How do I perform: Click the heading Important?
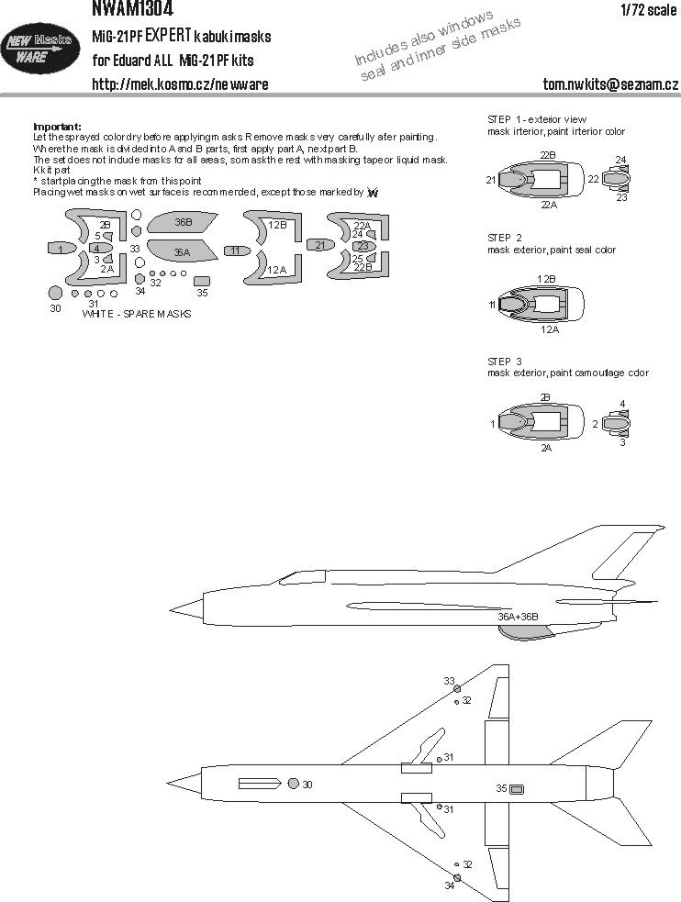(57, 127)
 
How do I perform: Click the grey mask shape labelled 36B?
(184, 223)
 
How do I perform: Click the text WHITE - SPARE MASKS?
(137, 314)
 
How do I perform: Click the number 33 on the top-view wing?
(449, 681)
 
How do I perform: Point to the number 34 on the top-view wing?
(449, 885)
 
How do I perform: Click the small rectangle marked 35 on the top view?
(518, 788)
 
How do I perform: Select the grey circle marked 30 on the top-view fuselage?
(293, 784)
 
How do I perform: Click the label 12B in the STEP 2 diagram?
(547, 278)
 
